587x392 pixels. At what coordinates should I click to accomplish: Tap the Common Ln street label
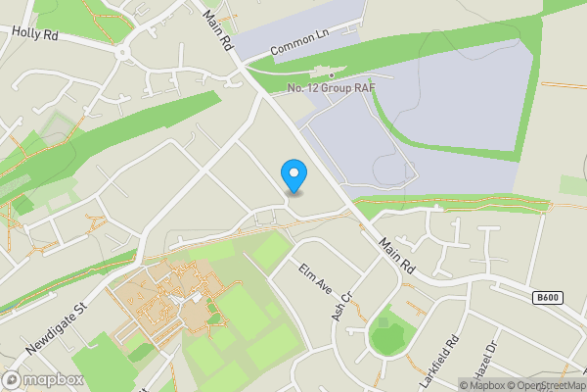pyautogui.click(x=299, y=40)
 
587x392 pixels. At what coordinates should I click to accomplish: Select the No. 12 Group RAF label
pyautogui.click(x=332, y=89)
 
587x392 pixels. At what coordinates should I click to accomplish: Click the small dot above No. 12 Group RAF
pyautogui.click(x=332, y=75)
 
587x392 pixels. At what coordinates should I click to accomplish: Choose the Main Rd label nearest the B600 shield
pyautogui.click(x=399, y=259)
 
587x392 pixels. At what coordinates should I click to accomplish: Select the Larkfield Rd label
pyautogui.click(x=439, y=362)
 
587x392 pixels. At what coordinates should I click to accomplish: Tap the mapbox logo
pyautogui.click(x=43, y=379)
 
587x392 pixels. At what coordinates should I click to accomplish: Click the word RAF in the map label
pyautogui.click(x=365, y=89)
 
